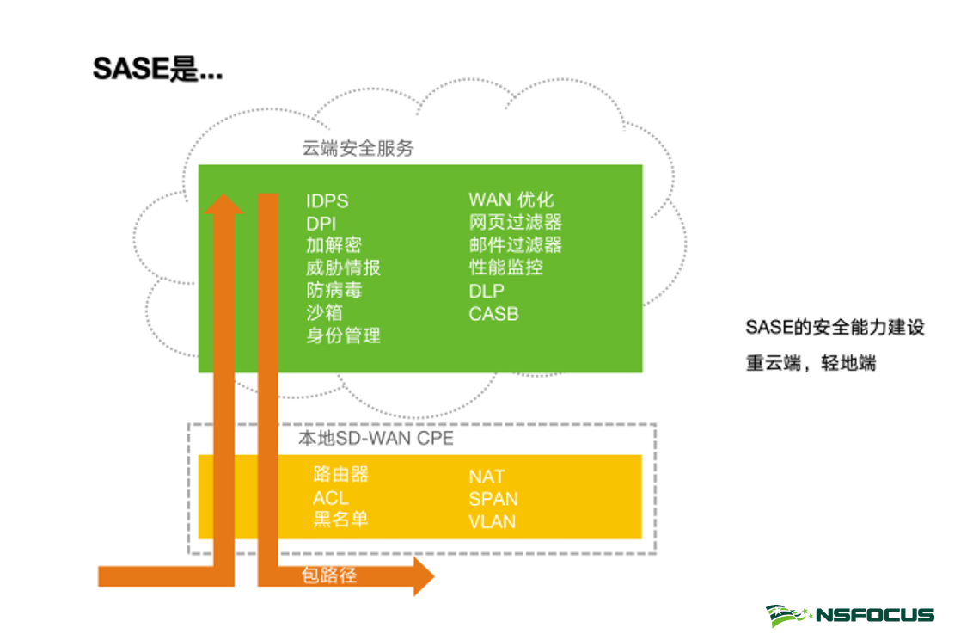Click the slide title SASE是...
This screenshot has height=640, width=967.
pyautogui.click(x=157, y=68)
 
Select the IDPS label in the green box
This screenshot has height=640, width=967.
pyautogui.click(x=327, y=201)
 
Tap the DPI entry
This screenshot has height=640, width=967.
pyautogui.click(x=321, y=224)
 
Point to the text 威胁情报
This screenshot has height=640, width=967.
pyautogui.click(x=343, y=268)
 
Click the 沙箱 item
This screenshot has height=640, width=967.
pyautogui.click(x=324, y=312)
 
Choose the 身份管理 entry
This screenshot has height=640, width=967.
pyautogui.click(x=343, y=335)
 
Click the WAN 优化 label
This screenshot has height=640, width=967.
pyautogui.click(x=511, y=200)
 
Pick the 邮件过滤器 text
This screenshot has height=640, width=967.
pyautogui.click(x=515, y=245)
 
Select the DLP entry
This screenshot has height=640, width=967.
pyautogui.click(x=487, y=291)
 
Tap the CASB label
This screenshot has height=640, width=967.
pyautogui.click(x=493, y=313)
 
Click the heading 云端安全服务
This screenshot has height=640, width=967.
pyautogui.click(x=358, y=148)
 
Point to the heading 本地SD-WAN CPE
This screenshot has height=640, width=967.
pyautogui.click(x=376, y=439)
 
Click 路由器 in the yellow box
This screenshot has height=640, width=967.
pyautogui.click(x=340, y=475)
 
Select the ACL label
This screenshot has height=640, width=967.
pyautogui.click(x=331, y=498)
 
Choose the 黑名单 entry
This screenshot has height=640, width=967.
pyautogui.click(x=340, y=520)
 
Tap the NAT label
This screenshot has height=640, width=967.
pyautogui.click(x=487, y=477)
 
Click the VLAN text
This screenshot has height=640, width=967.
pyautogui.click(x=492, y=520)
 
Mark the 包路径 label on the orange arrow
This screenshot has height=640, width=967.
pyautogui.click(x=328, y=575)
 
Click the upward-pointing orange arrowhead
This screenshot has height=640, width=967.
pyautogui.click(x=224, y=205)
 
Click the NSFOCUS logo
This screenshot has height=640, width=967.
pyautogui.click(x=850, y=614)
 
